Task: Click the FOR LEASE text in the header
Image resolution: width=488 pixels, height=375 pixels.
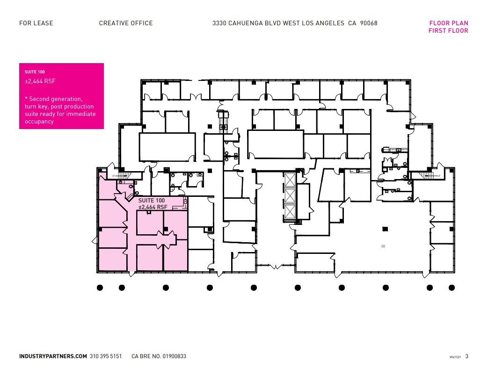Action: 36,23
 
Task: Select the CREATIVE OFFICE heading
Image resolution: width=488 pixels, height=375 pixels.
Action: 126,23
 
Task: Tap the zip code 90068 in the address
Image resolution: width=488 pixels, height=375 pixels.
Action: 369,23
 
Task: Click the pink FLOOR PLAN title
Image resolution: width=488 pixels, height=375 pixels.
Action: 448,23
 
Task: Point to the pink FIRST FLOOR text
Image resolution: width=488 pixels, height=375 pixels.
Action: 448,31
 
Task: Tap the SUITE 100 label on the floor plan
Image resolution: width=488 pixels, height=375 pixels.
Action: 152,200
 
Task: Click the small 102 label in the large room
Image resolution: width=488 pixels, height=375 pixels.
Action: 383,245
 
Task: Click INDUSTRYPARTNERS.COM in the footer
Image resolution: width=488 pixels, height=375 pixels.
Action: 53,356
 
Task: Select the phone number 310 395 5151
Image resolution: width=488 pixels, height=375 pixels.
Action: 106,356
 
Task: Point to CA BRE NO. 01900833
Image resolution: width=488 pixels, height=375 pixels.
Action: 159,356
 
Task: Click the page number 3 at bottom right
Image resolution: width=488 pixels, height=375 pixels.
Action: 466,356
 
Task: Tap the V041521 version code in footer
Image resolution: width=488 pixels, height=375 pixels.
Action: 455,357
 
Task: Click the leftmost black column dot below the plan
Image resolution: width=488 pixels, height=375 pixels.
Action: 100,288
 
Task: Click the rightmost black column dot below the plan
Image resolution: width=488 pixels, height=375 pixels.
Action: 452,288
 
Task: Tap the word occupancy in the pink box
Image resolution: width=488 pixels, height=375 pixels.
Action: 39,122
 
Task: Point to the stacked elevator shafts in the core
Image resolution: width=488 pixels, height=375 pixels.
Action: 290,196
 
